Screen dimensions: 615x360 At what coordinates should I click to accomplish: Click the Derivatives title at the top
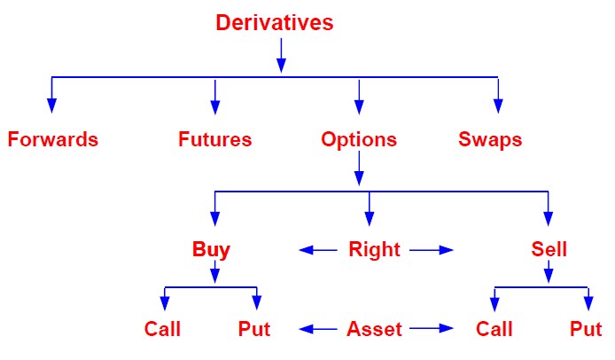(275, 22)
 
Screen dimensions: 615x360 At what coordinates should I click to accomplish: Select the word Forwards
(53, 139)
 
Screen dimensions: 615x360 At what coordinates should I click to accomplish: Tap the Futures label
(215, 139)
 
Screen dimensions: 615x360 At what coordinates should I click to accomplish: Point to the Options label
(359, 140)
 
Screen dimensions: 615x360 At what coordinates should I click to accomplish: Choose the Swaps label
(490, 140)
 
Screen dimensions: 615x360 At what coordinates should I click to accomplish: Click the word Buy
(211, 250)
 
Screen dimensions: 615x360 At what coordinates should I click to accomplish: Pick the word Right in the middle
(374, 250)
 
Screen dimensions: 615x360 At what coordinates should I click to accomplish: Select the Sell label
(549, 249)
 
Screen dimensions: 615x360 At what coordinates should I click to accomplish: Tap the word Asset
(374, 329)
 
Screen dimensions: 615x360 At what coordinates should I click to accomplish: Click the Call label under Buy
(162, 329)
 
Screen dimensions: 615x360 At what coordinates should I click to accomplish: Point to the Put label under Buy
(254, 329)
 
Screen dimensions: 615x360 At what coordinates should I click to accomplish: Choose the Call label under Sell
(494, 329)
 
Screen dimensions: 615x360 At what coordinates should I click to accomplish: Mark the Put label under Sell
(586, 329)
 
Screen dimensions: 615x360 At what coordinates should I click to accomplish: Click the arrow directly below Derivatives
(281, 55)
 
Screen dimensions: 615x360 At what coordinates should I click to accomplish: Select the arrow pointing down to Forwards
(51, 95)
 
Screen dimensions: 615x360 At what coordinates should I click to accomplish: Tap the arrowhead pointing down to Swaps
(498, 106)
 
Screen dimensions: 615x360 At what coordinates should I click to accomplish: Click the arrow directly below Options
(359, 168)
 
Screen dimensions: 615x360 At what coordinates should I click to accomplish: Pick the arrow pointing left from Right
(318, 250)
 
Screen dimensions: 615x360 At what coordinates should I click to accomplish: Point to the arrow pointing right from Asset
(432, 329)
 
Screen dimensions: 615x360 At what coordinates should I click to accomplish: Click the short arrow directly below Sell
(549, 271)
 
